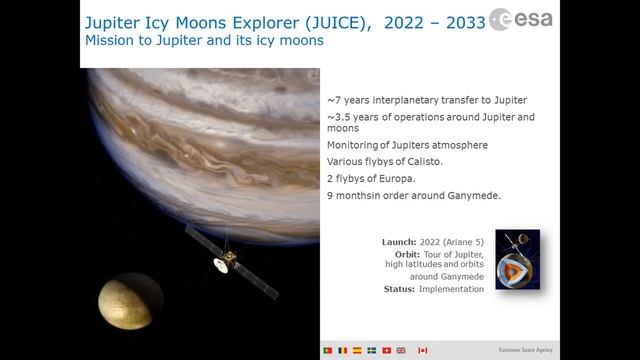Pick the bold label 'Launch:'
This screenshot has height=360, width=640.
pos(399,242)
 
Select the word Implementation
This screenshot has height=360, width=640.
pos(452,289)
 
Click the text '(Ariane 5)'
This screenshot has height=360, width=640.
pos(461,242)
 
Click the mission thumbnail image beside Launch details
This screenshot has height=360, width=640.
pos(517,259)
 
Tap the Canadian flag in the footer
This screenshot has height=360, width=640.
pos(423,351)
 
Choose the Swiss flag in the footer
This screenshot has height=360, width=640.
pos(387,351)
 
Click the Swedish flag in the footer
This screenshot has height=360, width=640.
pos(372,351)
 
